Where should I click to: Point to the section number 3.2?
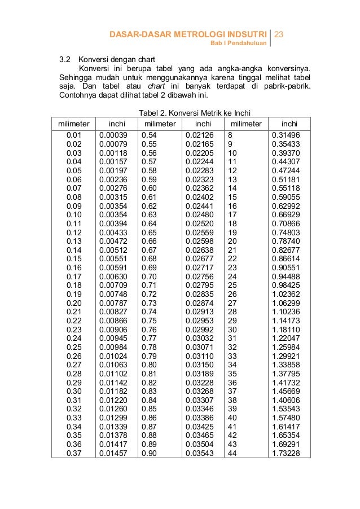click(66, 59)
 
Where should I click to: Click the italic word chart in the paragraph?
click(157, 86)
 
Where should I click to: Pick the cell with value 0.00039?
click(113, 135)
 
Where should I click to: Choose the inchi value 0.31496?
click(286, 135)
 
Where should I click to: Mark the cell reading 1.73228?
click(286, 453)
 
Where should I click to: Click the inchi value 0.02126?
click(199, 135)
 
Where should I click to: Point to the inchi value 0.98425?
click(286, 285)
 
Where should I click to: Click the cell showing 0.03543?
click(199, 453)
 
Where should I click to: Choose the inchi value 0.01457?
click(113, 453)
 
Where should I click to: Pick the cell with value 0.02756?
click(199, 276)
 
